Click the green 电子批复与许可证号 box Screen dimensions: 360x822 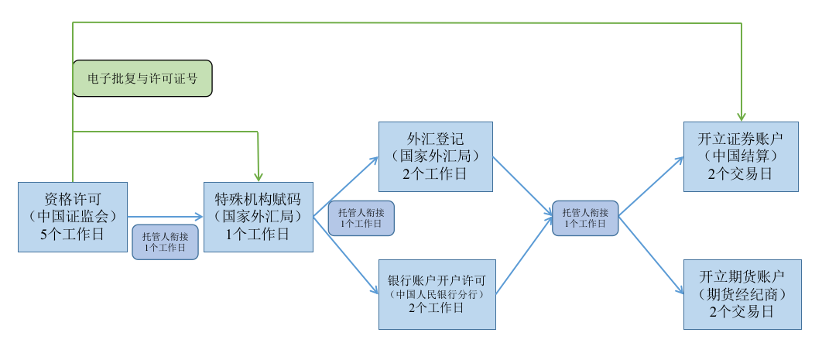tap(142, 78)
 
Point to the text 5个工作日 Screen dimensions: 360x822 tap(73, 234)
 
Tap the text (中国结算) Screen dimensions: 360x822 tap(740, 156)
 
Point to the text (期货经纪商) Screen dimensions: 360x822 tap(742, 294)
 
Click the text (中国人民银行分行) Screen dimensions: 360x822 tap(437, 294)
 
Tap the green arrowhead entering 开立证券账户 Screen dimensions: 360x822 tap(742, 115)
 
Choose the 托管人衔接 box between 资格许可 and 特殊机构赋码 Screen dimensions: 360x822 tap(165, 242)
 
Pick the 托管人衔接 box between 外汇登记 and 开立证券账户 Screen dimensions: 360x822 tap(585, 218)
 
